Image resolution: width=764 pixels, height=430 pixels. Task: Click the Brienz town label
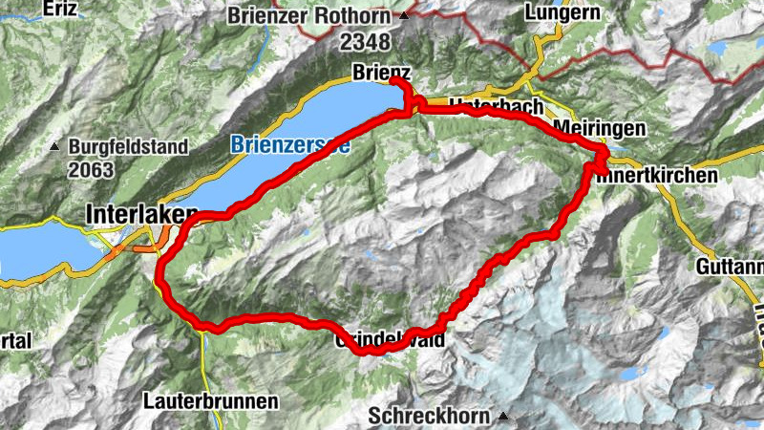pyautogui.click(x=381, y=73)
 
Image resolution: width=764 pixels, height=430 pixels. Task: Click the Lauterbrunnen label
pyautogui.click(x=211, y=399)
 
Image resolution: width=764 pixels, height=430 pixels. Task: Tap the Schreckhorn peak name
pyautogui.click(x=429, y=417)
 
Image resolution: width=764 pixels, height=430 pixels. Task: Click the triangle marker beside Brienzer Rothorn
pyautogui.click(x=404, y=15)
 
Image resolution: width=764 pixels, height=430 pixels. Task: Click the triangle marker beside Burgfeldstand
pyautogui.click(x=55, y=148)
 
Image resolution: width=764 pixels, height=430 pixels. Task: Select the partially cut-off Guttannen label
pyautogui.click(x=732, y=265)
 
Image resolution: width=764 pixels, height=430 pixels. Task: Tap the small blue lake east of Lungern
pyautogui.click(x=716, y=47)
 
